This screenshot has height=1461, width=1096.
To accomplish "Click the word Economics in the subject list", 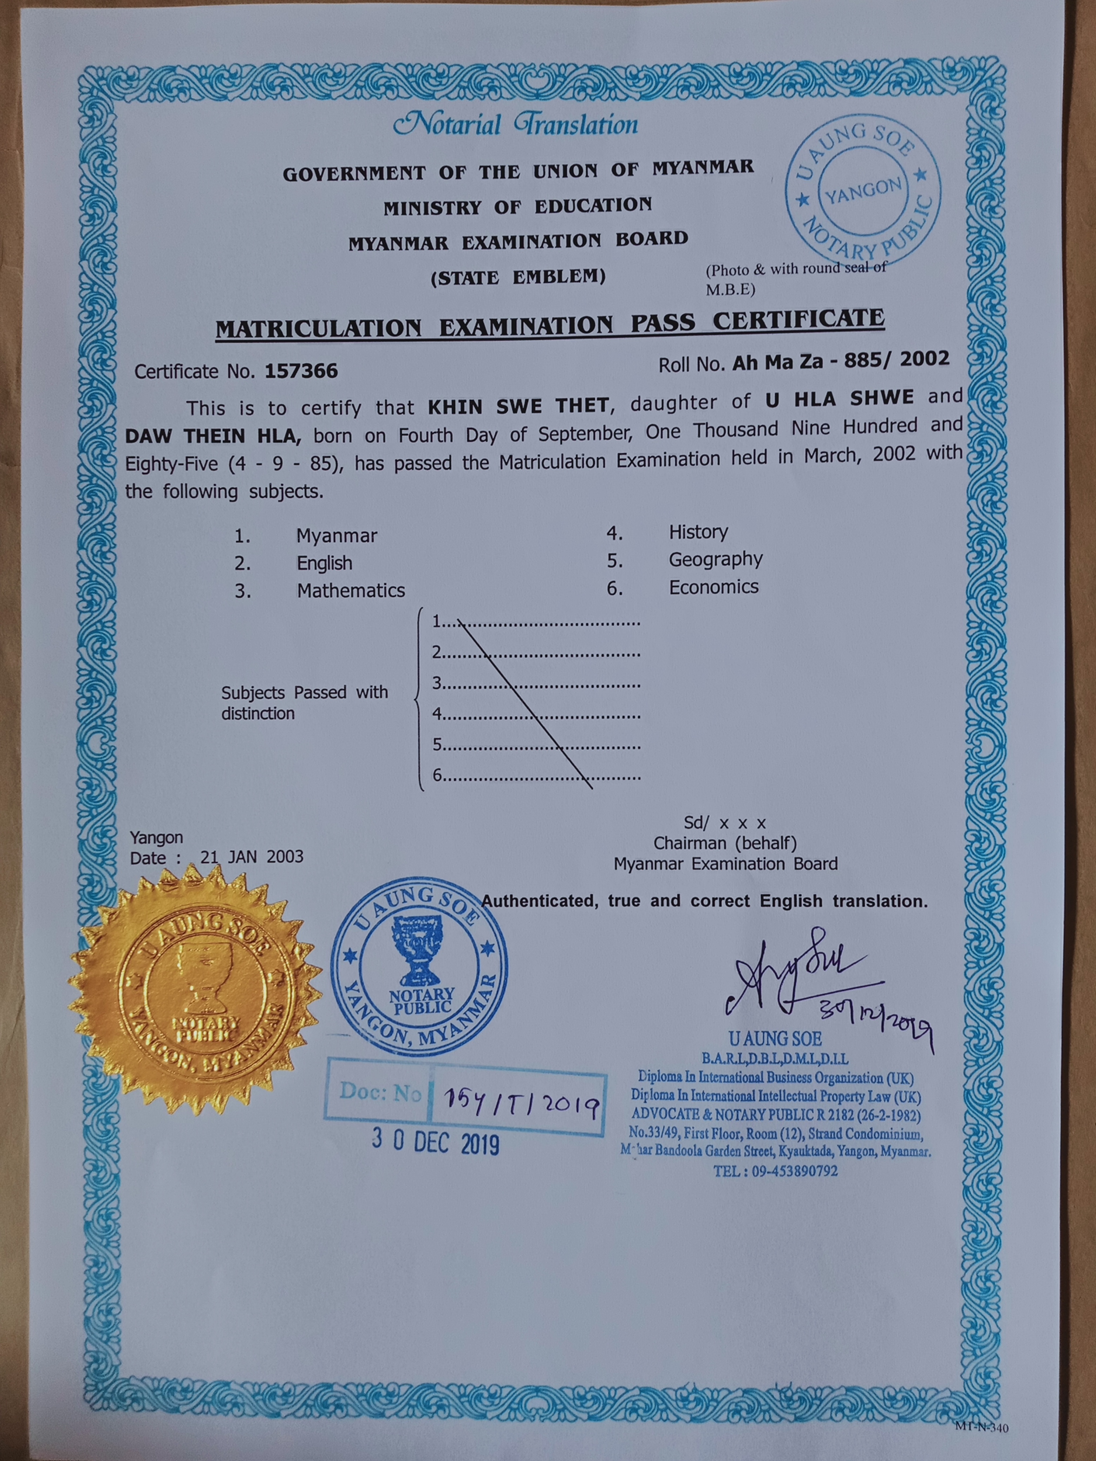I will point(713,587).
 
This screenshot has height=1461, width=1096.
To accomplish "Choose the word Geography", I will point(716,559).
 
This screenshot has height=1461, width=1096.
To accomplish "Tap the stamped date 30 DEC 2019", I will point(435,1143).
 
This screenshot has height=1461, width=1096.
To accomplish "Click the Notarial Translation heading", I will point(515,125).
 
